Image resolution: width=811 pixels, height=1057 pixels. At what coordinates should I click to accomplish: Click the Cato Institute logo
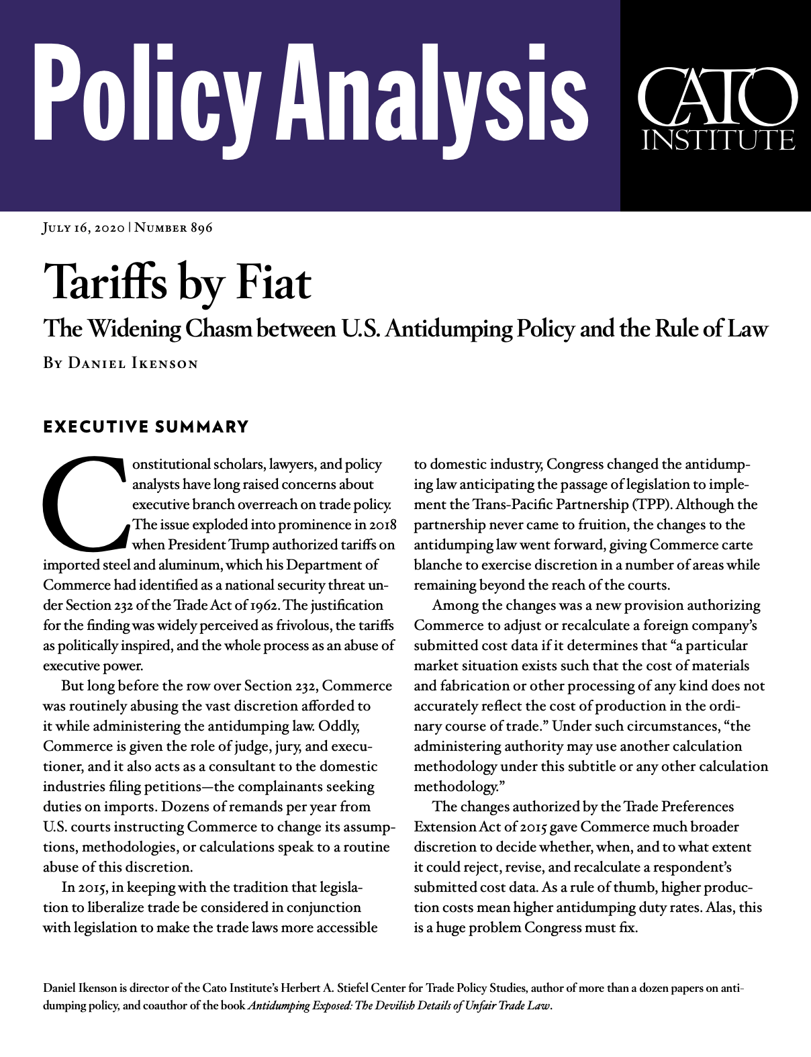[716, 106]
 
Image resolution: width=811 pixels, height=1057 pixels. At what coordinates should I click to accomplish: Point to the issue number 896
[201, 228]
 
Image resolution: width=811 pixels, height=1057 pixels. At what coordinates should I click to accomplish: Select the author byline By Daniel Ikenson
[121, 364]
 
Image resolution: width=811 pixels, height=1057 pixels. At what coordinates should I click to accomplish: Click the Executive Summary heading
[146, 427]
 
